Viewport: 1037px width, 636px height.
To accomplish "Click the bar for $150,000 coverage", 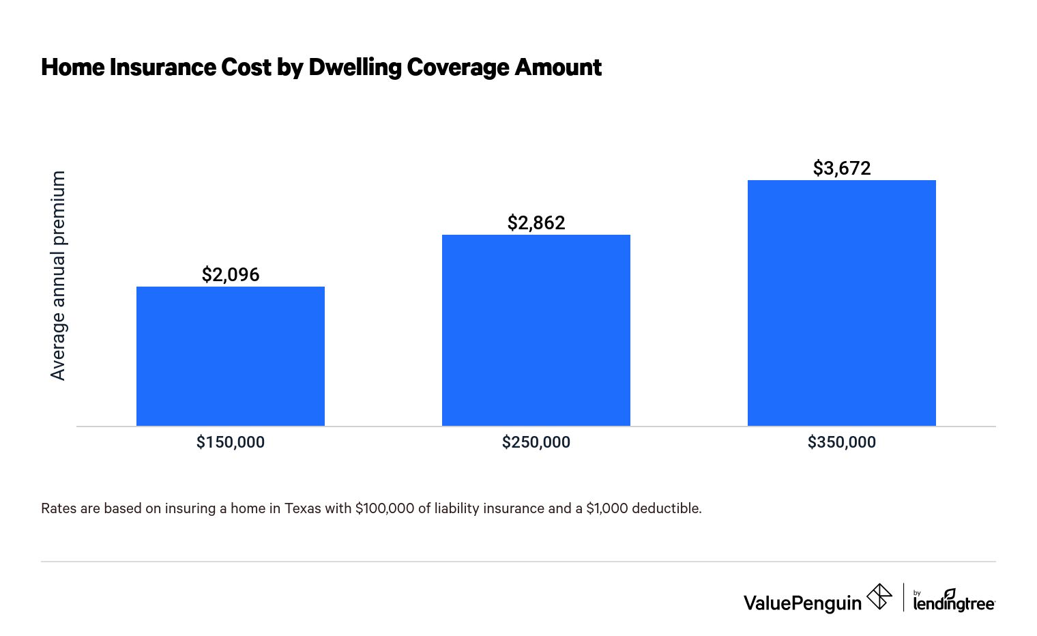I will [x=231, y=356].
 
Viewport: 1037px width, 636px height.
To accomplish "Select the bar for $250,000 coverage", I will [x=536, y=330].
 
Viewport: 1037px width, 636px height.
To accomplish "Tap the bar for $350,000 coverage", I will [x=841, y=303].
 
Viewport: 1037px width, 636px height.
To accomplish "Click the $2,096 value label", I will [x=231, y=275].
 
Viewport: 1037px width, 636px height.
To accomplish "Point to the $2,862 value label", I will [x=536, y=223].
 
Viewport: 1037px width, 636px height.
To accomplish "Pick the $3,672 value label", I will [x=841, y=169].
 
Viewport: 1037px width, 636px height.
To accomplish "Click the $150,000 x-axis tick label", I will [x=231, y=442].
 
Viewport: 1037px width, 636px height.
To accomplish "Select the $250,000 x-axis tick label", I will [x=536, y=442].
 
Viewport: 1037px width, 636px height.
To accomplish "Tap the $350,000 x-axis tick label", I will [x=841, y=442].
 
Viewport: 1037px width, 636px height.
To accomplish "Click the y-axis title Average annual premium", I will [x=58, y=276].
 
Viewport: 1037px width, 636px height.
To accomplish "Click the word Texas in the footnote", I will [x=302, y=508].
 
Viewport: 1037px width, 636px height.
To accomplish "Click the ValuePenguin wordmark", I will [x=802, y=603].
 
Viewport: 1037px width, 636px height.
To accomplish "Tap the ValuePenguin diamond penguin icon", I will [x=879, y=597].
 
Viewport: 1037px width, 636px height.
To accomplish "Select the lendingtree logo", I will [x=954, y=601].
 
